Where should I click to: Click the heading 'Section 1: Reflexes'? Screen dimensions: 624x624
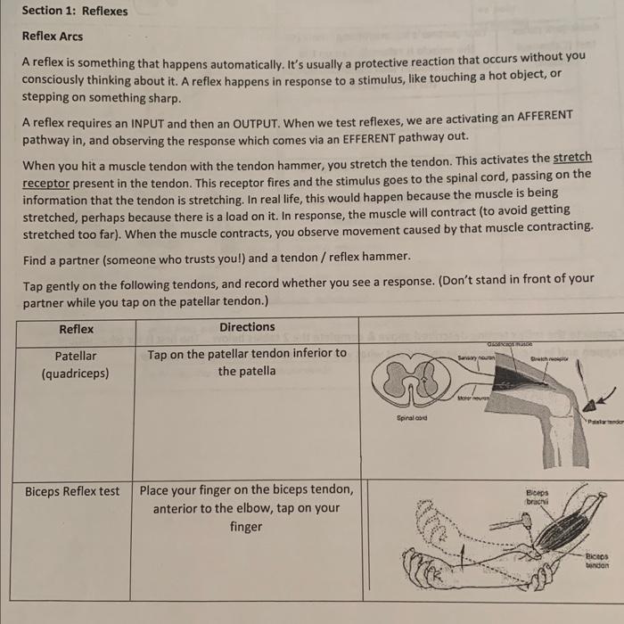tap(75, 12)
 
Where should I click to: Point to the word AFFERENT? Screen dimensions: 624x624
tap(533, 117)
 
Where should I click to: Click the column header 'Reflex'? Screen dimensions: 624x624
tap(76, 329)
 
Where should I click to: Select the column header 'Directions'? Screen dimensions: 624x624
tap(247, 327)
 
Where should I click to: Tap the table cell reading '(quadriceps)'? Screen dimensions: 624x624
tap(75, 374)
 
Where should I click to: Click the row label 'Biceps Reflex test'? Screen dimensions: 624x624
tap(72, 491)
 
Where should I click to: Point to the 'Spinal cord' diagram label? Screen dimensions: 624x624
tap(412, 416)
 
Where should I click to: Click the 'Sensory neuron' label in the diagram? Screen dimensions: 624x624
tap(474, 357)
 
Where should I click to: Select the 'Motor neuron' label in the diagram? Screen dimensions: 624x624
tap(473, 399)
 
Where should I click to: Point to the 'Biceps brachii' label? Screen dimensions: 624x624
tap(538, 497)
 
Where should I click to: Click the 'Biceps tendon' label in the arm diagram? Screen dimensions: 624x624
tap(596, 559)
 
